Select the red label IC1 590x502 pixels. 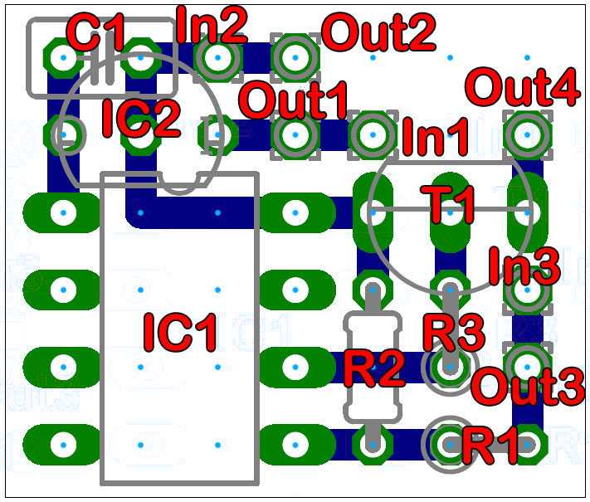click(180, 332)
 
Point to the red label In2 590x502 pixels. click(212, 26)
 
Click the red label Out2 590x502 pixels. click(378, 34)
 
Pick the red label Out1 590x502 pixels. click(294, 100)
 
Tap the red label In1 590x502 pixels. click(435, 137)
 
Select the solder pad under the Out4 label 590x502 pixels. click(525, 133)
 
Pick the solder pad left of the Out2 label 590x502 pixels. click(294, 56)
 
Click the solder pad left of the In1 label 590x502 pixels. click(373, 134)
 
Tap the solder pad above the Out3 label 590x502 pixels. click(524, 363)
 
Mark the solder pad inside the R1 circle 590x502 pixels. click(449, 444)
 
